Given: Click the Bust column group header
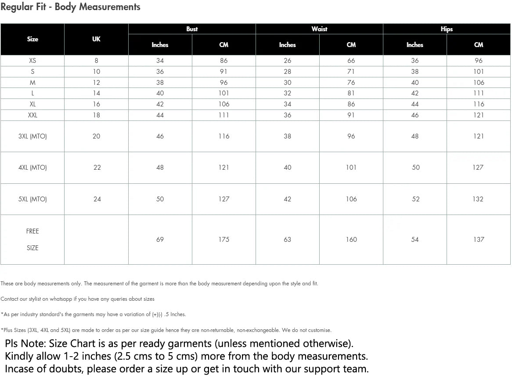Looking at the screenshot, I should coord(192,29).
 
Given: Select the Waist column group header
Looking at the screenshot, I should coord(319,29).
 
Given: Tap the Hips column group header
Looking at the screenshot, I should coord(447,29).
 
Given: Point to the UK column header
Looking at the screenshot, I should coord(96,39).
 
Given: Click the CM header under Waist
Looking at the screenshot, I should coord(351,45).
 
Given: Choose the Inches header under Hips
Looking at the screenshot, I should coord(415,45).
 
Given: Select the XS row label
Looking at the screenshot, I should coord(32,61).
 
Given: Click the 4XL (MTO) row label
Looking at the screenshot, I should coord(32,168).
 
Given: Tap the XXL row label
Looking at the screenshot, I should coord(32,115).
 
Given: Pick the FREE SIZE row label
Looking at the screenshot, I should coord(32,240).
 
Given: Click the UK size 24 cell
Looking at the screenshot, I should coord(97,199).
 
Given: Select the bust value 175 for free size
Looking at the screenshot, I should coord(224,240).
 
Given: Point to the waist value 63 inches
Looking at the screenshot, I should coord(288,240).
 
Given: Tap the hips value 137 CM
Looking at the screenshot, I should coord(479,240).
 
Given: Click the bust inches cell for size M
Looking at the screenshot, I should coord(160,83).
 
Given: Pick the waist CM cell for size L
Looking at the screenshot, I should coord(351,93).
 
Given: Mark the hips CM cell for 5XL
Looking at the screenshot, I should coord(478,199).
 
